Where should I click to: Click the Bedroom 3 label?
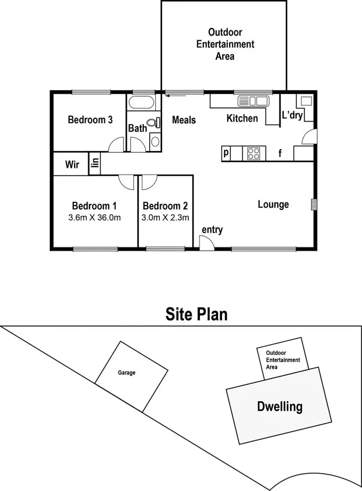tap(90, 120)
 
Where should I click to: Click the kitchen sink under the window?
tap(253, 101)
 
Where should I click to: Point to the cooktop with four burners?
tap(254, 154)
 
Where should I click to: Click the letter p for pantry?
tap(226, 154)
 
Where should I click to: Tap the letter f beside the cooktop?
tap(280, 154)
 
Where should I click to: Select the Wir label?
tap(72, 165)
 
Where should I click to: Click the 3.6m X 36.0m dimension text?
tap(95, 217)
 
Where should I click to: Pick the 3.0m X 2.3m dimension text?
tap(165, 217)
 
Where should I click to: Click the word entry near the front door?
tap(212, 230)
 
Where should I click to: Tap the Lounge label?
tap(273, 204)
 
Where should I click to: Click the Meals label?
tap(184, 119)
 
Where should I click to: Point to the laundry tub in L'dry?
tap(306, 101)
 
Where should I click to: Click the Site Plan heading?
tap(196, 314)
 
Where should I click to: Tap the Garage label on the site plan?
tap(126, 373)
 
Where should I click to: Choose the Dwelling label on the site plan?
tap(280, 406)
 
